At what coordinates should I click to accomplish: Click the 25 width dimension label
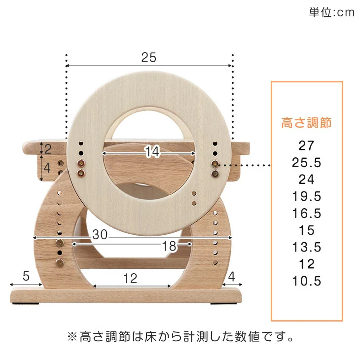[x=149, y=57]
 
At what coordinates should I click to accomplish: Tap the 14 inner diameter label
[x=152, y=151]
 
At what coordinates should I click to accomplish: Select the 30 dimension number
[x=100, y=234]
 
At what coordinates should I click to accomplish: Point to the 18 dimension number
[x=170, y=246]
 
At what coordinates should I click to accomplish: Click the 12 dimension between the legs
[x=130, y=278]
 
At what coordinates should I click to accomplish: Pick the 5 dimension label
[x=26, y=276]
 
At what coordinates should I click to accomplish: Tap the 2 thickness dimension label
[x=48, y=149]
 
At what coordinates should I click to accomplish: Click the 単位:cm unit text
[x=331, y=12]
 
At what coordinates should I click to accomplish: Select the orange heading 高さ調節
[x=307, y=123]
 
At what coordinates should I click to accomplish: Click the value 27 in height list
[x=307, y=145]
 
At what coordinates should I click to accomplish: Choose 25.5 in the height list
[x=307, y=163]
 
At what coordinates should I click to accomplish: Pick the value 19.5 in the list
[x=307, y=196]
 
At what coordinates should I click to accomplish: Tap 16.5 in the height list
[x=307, y=214]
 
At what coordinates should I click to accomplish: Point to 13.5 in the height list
[x=307, y=247]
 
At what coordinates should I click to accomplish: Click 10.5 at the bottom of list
[x=307, y=281]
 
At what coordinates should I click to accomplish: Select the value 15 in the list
[x=307, y=230]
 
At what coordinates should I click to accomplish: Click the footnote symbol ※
[x=72, y=337]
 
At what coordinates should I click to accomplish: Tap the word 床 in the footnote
[x=151, y=337]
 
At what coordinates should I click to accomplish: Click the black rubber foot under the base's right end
[x=224, y=303]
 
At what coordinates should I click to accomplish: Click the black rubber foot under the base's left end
[x=26, y=303]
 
